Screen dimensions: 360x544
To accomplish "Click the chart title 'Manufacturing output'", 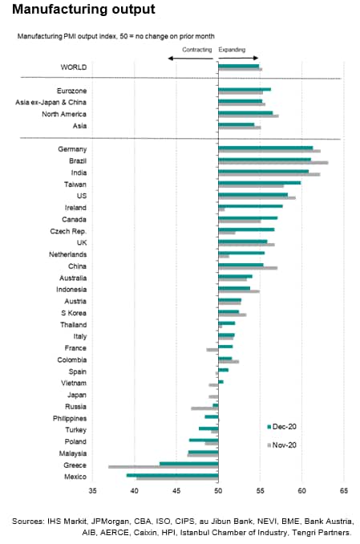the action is (x=83, y=9).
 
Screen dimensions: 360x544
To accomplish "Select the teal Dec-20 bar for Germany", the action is (x=265, y=148).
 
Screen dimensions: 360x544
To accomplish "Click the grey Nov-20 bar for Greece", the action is (x=164, y=467).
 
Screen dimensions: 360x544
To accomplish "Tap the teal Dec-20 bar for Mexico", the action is (x=172, y=475).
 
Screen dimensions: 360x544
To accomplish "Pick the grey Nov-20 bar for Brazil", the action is (x=273, y=163).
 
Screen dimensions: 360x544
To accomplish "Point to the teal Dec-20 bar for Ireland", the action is (x=250, y=206).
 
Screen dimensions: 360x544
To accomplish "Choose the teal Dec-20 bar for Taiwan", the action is (x=260, y=183).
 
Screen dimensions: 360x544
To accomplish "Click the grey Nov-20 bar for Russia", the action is (x=204, y=408).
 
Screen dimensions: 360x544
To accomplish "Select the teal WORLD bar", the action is (x=239, y=66).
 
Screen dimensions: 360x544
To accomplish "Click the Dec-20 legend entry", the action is (x=281, y=427).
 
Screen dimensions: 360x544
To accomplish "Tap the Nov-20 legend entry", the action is (x=281, y=445).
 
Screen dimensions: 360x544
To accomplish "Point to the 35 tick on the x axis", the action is (x=92, y=490).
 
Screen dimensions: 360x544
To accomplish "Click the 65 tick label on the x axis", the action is (x=344, y=490).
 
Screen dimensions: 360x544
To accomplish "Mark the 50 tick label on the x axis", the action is (x=218, y=490).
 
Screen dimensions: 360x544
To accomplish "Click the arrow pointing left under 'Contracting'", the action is (x=190, y=59).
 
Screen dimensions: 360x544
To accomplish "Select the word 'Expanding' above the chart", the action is (x=232, y=50).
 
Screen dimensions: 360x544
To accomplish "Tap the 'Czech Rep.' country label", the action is (x=68, y=231).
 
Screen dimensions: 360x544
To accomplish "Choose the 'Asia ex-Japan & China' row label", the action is (x=51, y=103).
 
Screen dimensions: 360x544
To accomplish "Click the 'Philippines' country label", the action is (x=70, y=418).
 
